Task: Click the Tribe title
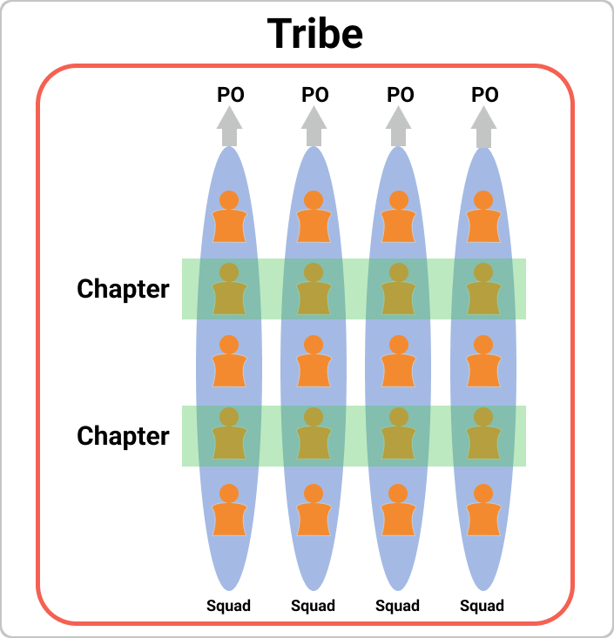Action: [314, 33]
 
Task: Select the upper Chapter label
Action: [123, 289]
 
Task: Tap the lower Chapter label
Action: [123, 436]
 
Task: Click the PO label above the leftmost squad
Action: [231, 95]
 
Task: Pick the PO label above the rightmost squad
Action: [485, 95]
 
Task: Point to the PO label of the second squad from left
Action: [315, 95]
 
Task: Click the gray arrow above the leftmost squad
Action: [230, 126]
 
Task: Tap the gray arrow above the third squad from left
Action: [398, 126]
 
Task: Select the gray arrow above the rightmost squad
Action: [483, 126]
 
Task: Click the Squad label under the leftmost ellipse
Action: [228, 606]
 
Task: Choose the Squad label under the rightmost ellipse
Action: [482, 606]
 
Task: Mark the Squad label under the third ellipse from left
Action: [397, 606]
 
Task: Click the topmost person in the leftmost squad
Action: [229, 217]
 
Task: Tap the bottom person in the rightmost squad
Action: [483, 509]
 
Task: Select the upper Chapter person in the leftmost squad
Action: [229, 288]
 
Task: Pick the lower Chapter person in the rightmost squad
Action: [483, 433]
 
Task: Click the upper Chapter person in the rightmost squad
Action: [483, 288]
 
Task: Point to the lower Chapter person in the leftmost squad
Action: [229, 433]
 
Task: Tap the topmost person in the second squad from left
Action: [314, 217]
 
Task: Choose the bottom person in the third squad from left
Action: [398, 509]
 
